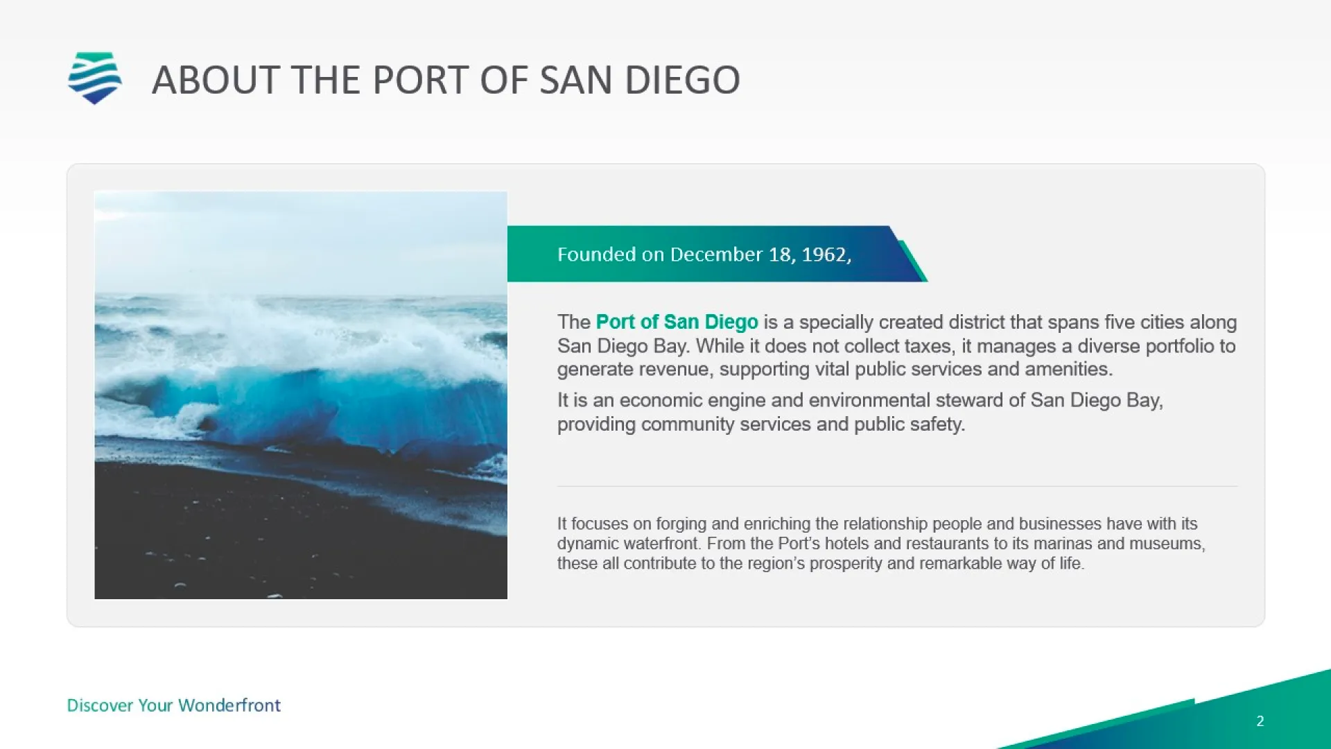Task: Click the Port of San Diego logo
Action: tap(95, 78)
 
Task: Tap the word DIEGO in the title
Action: tap(682, 80)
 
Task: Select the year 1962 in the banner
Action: tap(824, 255)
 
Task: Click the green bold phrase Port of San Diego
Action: tap(677, 322)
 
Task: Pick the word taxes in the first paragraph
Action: tap(925, 346)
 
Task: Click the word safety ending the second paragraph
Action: tap(937, 424)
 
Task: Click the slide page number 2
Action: tap(1260, 721)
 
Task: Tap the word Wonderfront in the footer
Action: tap(229, 705)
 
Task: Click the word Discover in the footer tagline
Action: tap(101, 705)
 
